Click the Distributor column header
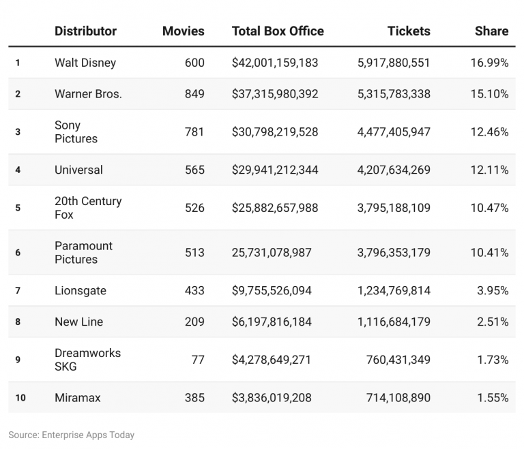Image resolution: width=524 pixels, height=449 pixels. pos(85,31)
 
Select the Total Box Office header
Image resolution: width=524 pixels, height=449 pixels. pos(278,31)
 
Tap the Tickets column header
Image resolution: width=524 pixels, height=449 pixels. pos(409,31)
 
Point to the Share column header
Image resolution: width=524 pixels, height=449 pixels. pos(491,31)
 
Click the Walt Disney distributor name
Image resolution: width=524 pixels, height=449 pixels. pos(85,63)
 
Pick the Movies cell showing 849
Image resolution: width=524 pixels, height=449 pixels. pos(194,94)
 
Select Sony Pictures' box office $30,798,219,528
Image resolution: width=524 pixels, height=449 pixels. pos(275,132)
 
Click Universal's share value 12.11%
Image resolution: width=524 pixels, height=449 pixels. pos(489,170)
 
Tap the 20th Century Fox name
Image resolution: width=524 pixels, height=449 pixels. pos(88,208)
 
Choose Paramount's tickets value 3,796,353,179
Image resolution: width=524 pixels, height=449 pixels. pos(394,253)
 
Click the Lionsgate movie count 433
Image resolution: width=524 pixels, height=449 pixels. pos(194,291)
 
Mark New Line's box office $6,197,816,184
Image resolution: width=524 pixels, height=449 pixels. pos(272,322)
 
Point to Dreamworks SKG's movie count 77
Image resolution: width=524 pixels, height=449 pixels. pos(197,360)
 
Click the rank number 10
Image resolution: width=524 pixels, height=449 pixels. pos(20,398)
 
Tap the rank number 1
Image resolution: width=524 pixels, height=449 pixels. pos(18,63)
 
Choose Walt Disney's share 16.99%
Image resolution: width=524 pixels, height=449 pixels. pos(489,63)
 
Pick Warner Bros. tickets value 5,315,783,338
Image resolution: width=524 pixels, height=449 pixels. pos(394,94)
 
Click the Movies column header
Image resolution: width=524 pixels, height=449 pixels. pos(183,31)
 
